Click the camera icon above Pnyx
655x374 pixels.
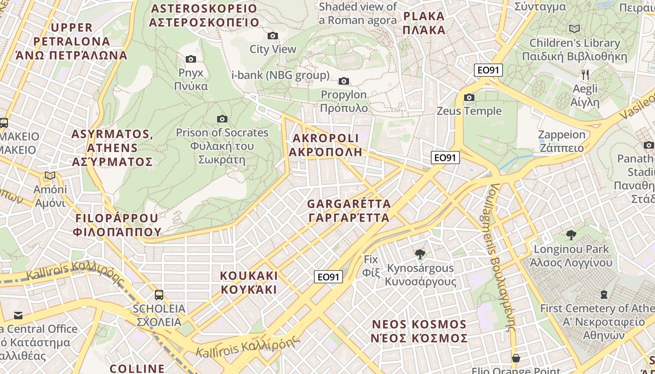(x=191, y=59)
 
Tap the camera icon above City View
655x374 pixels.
(x=272, y=36)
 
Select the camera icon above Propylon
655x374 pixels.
(x=344, y=81)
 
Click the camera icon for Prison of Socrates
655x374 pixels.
(x=222, y=119)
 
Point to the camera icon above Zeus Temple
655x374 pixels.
(x=469, y=97)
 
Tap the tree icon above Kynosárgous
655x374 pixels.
(x=420, y=254)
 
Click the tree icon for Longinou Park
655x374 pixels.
(x=571, y=235)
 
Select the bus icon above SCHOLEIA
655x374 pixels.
(x=159, y=295)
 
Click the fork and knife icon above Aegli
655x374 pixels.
(x=585, y=74)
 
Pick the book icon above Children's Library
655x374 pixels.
(x=575, y=29)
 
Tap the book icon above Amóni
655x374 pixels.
(x=50, y=176)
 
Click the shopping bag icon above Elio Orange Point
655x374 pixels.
(x=516, y=358)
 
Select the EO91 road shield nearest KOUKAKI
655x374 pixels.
(x=328, y=277)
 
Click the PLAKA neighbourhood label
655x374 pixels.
(x=424, y=23)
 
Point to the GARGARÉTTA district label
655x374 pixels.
(x=349, y=211)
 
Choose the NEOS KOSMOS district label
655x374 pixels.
(x=419, y=331)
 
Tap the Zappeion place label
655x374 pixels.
(x=561, y=141)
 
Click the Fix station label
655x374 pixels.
(x=371, y=266)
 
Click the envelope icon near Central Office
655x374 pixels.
(x=18, y=316)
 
